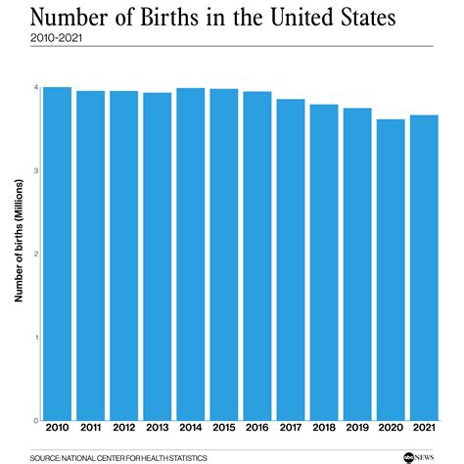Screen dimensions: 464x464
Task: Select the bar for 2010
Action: tap(58, 254)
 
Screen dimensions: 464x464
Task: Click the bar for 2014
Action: tap(191, 255)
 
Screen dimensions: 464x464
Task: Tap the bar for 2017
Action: tap(291, 259)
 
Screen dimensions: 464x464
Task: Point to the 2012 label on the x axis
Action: tap(124, 428)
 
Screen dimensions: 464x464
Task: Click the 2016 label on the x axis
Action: tap(257, 428)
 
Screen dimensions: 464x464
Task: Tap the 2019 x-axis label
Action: tap(357, 428)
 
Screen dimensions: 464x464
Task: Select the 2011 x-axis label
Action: tap(91, 428)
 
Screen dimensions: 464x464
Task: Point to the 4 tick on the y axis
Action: tap(36, 88)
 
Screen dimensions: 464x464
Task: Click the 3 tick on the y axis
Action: tap(36, 171)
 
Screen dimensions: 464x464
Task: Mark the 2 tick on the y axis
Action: tap(36, 255)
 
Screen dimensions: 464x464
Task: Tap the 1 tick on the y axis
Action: tap(36, 338)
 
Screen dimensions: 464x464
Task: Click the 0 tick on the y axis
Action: tap(36, 421)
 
